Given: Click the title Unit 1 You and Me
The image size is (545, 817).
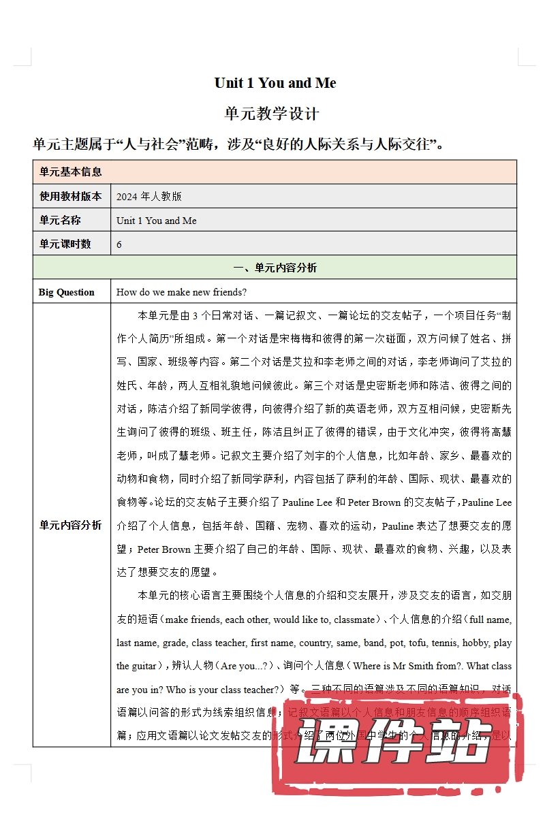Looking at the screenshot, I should point(275,83).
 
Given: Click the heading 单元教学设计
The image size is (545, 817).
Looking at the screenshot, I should point(272,113).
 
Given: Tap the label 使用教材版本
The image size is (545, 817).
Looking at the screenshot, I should point(71,197).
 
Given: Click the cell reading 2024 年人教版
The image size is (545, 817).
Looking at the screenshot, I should point(149,197).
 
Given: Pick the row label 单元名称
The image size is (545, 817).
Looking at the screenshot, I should point(60,221).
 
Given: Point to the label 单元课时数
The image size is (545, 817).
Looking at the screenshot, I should point(65,244).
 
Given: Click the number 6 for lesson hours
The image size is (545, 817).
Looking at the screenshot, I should point(119,244).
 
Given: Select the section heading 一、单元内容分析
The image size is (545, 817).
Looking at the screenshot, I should point(275,268).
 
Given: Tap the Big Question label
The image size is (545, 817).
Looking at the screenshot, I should point(67,292).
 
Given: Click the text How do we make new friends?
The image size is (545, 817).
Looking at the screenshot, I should point(181,292).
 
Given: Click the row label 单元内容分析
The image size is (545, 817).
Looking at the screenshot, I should point(71,525).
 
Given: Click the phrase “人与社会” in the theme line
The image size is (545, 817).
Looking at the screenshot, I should point(149,144).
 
